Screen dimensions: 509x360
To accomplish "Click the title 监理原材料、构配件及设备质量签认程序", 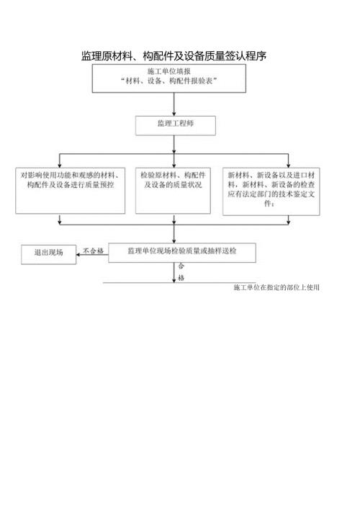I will (174, 55).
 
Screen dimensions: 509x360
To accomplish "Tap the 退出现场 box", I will (48, 253).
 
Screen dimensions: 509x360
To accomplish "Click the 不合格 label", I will (94, 251).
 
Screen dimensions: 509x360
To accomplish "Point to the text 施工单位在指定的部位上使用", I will (276, 287).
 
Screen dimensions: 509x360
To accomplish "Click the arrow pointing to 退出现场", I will (81, 253).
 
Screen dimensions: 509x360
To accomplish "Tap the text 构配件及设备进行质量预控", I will (68, 185).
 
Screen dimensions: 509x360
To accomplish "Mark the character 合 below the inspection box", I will (181, 267).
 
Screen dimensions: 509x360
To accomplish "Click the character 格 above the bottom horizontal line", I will (181, 277).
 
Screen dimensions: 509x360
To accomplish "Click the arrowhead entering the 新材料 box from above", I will (288, 164).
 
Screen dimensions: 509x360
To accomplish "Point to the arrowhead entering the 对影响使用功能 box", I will (60, 164).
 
